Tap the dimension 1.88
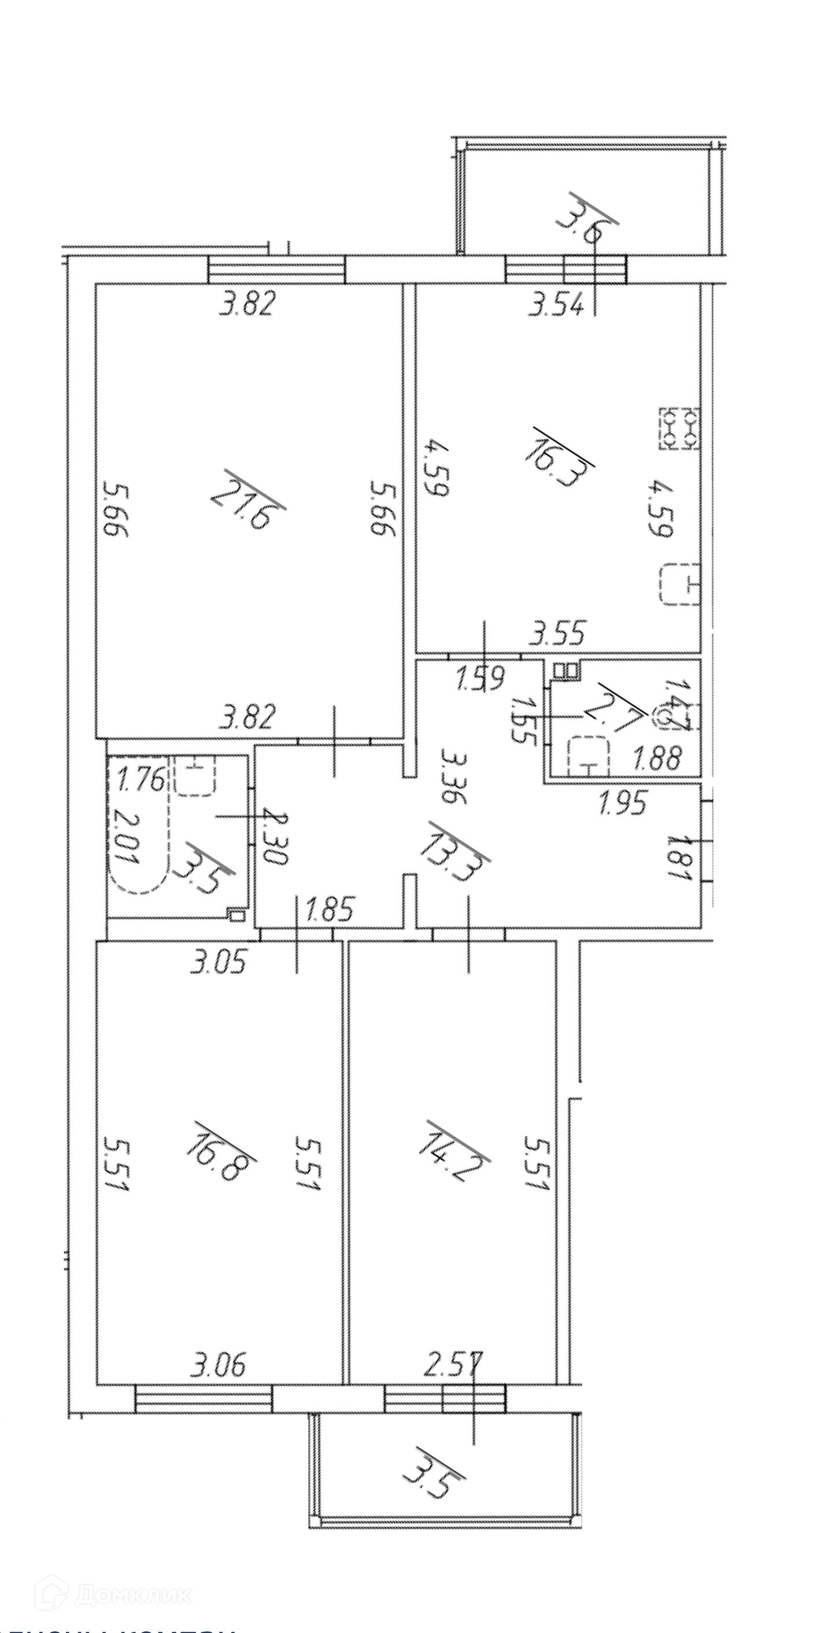point(657,758)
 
